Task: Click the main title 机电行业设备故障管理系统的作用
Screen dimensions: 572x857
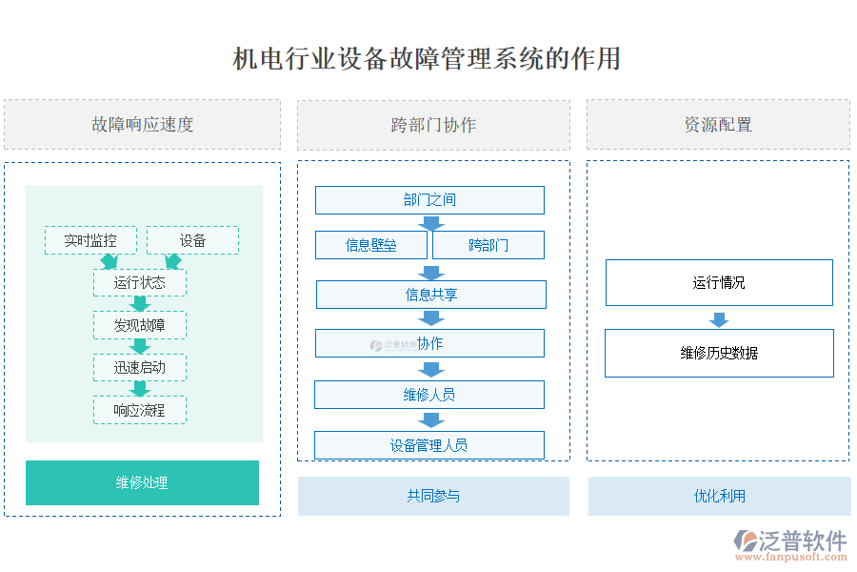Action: (x=428, y=59)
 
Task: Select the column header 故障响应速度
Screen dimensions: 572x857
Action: (x=142, y=125)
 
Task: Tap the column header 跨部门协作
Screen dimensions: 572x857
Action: (x=433, y=125)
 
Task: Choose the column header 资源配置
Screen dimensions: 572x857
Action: (x=718, y=125)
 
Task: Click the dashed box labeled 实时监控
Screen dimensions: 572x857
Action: (x=90, y=240)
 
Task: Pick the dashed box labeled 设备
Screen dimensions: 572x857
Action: (x=192, y=240)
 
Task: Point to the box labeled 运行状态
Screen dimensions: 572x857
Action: (x=139, y=283)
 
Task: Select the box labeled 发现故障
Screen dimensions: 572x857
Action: (x=139, y=325)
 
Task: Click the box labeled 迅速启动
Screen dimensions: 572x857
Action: (x=139, y=367)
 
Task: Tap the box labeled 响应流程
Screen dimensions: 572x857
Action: (x=139, y=410)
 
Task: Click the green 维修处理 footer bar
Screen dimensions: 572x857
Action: (x=142, y=482)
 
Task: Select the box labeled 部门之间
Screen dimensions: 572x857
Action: (x=429, y=200)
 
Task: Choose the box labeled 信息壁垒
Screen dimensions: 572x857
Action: (x=371, y=245)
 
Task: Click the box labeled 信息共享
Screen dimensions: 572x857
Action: (x=430, y=295)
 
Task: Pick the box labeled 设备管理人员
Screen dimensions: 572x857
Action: (x=428, y=445)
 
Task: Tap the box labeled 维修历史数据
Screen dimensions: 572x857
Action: (x=719, y=353)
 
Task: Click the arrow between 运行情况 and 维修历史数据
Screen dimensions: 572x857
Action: (x=719, y=318)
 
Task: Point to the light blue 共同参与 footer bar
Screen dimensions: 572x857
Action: (x=433, y=496)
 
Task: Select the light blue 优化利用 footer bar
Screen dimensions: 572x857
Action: (x=719, y=496)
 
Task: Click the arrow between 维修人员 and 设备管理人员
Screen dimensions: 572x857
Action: (x=431, y=419)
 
